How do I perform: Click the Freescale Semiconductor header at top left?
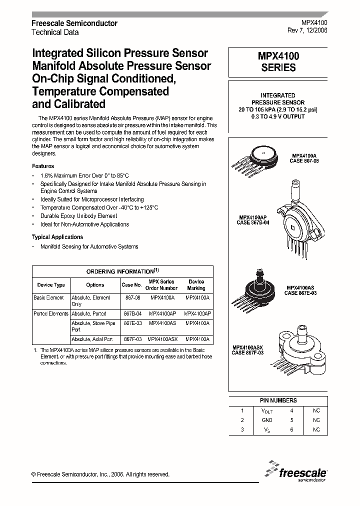tap(74, 23)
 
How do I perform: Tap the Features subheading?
tap(43, 166)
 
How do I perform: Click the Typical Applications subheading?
tap(57, 237)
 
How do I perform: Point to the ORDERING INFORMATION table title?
tap(122, 271)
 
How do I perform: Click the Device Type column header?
tap(51, 285)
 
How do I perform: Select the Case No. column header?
tap(131, 285)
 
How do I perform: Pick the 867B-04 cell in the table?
tap(132, 313)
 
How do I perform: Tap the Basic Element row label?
tap(48, 297)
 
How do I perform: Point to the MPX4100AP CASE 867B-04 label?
tap(253, 220)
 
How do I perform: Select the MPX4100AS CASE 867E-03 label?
tap(300, 290)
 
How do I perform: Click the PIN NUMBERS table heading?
tap(278, 400)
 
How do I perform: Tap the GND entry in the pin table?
tap(267, 420)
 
